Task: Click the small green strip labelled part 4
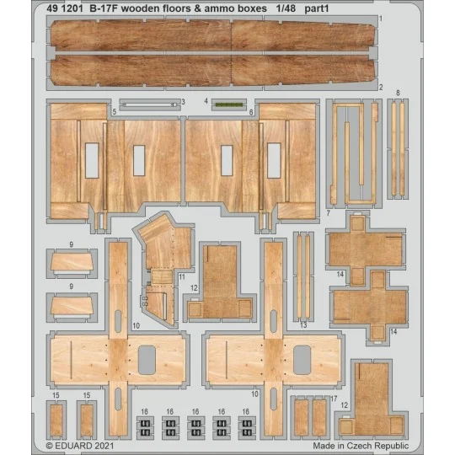point(225,104)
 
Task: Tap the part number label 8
point(398,93)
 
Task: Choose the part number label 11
point(181,276)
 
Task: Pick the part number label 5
point(113,111)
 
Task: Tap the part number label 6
point(251,111)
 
